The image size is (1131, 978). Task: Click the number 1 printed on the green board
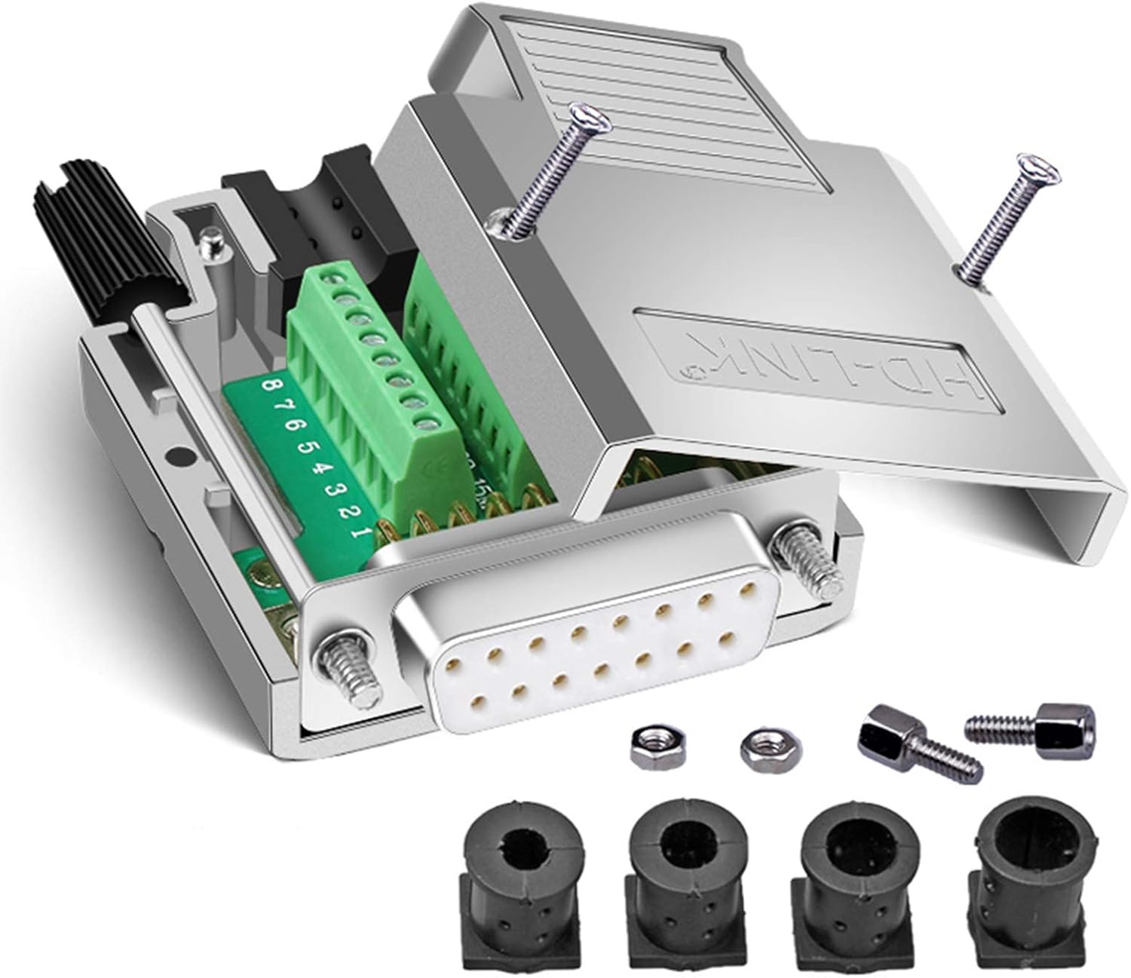362,532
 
